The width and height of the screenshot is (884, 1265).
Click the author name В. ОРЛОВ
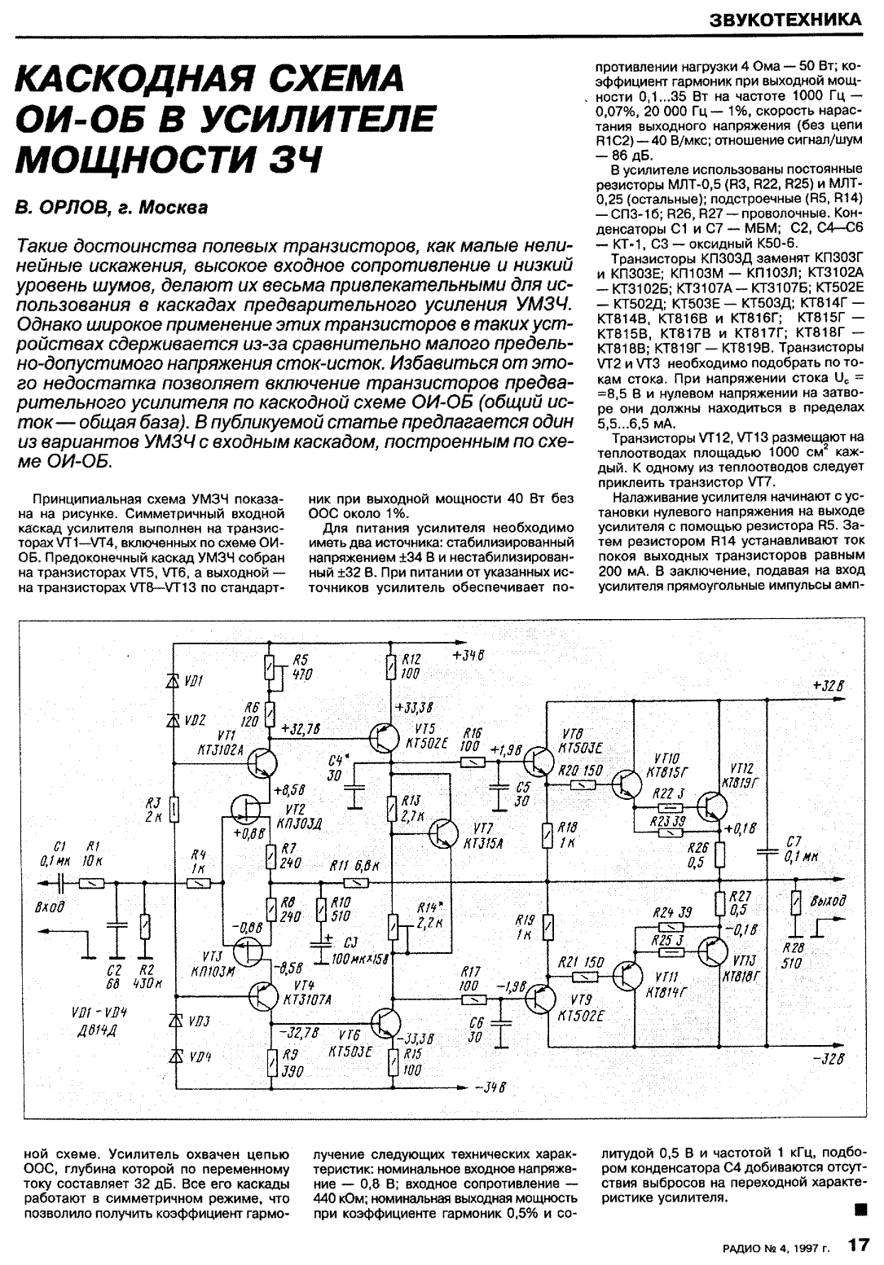tap(60, 208)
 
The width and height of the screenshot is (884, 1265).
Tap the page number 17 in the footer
tap(859, 1244)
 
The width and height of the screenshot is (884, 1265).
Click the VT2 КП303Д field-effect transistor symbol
tap(249, 807)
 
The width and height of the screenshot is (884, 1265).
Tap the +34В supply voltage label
tap(467, 656)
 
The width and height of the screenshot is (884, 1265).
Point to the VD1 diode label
tap(194, 679)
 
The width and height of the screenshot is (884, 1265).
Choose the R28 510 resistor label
tap(792, 955)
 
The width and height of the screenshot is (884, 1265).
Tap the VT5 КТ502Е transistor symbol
tap(383, 738)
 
